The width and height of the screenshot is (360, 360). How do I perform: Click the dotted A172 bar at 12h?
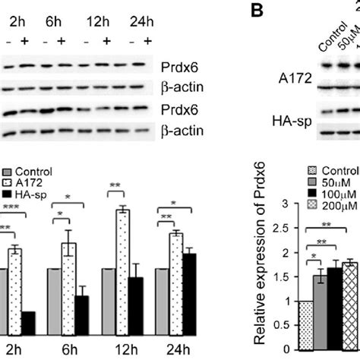[120, 271]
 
